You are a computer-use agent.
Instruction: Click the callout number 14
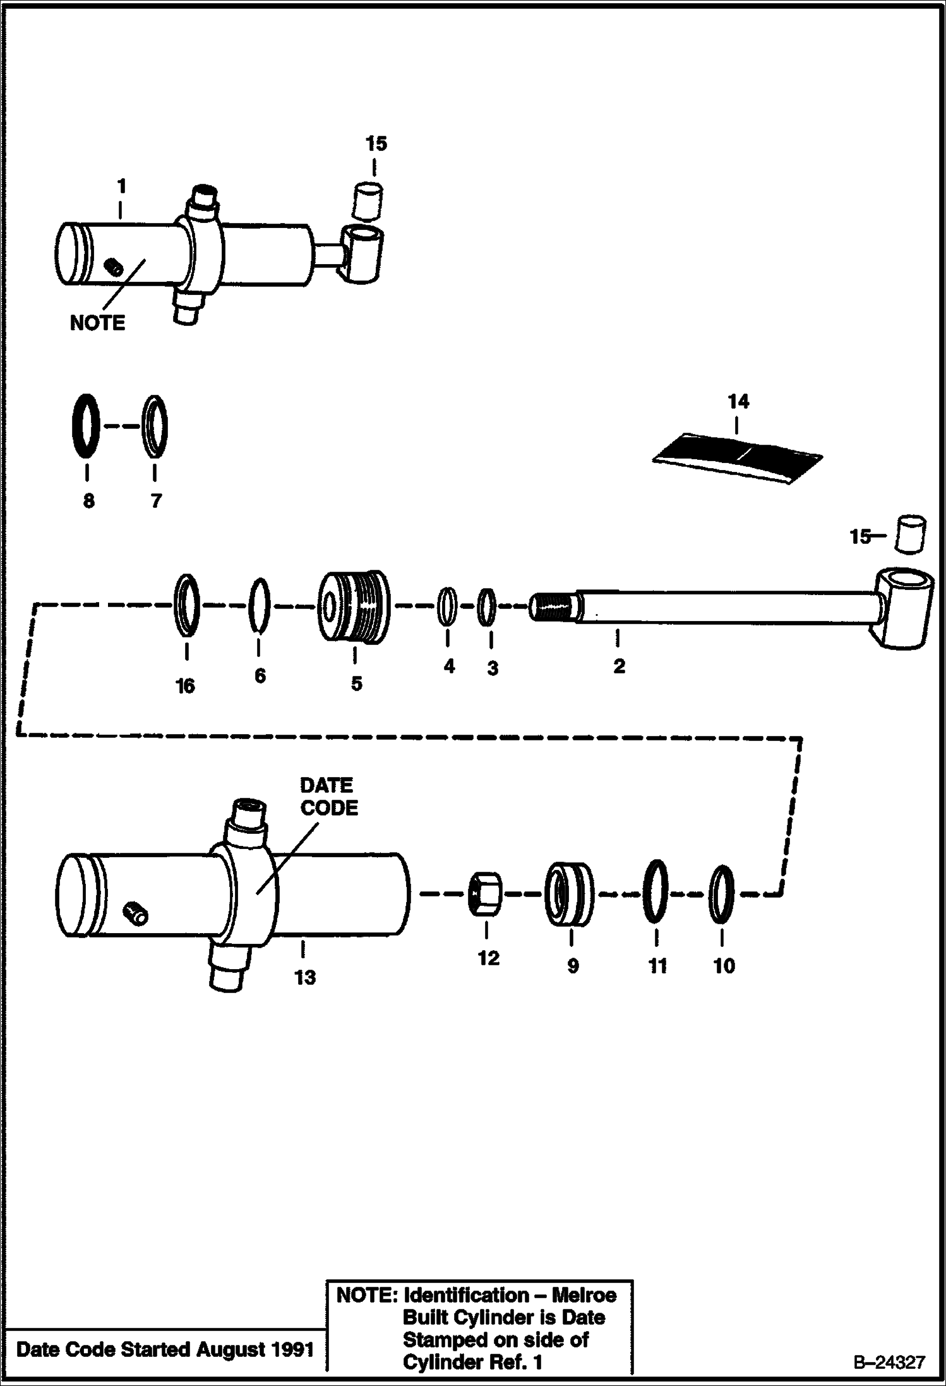[738, 401]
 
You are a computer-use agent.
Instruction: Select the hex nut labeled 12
[486, 893]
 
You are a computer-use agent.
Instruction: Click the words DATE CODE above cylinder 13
[328, 797]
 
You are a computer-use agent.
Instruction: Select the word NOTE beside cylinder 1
[97, 323]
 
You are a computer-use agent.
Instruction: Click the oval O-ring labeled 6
[259, 605]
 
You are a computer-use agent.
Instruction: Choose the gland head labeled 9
[570, 893]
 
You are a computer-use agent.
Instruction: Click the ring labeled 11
[656, 892]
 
